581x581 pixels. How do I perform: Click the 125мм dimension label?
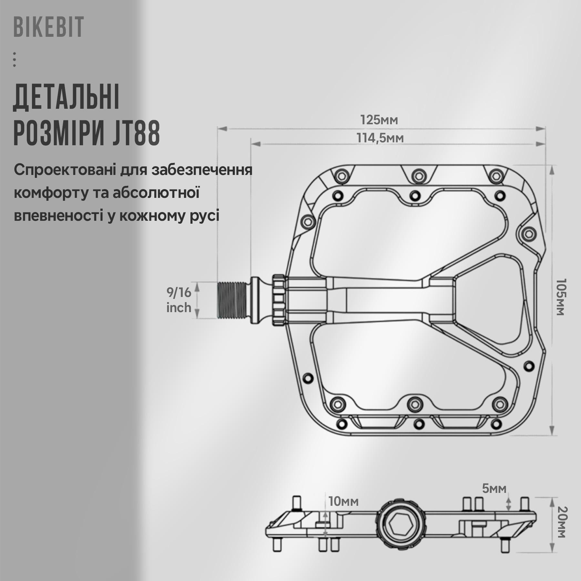379,120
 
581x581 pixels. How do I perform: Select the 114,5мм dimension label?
380,138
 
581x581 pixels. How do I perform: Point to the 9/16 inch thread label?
179,300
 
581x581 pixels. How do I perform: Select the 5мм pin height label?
494,488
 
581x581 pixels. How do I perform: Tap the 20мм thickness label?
562,526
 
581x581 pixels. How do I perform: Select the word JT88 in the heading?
136,133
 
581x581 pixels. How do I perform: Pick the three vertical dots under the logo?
15,59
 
